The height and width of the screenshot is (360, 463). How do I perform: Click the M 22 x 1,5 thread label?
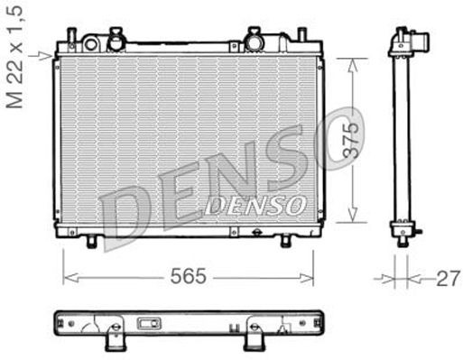click(x=14, y=56)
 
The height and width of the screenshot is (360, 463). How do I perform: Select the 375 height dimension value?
click(x=353, y=142)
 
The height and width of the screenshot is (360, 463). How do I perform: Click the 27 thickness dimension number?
click(x=448, y=279)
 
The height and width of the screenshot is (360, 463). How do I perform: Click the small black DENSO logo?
click(x=255, y=206)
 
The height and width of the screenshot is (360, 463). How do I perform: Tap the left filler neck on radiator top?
click(x=115, y=39)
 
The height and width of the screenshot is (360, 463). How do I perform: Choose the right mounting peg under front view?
click(x=286, y=241)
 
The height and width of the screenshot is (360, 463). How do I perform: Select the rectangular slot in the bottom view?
click(x=147, y=324)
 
